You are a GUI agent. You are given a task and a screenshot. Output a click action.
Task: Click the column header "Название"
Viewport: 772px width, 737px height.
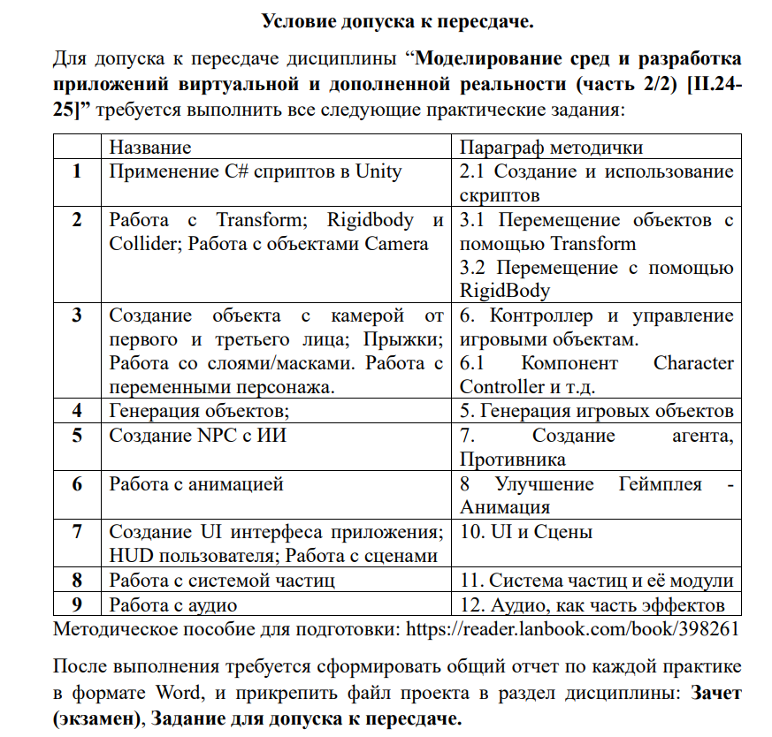point(149,147)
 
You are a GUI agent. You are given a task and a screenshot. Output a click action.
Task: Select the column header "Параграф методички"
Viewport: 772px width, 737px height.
point(551,147)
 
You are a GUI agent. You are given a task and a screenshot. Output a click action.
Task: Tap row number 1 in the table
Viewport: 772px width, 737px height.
point(79,171)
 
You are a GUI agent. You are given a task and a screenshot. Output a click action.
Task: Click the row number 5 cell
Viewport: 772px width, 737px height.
point(79,435)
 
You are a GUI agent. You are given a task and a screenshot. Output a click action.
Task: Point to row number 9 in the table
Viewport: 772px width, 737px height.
point(79,604)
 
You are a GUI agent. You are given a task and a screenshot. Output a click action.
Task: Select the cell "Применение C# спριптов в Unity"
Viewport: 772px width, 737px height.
point(255,171)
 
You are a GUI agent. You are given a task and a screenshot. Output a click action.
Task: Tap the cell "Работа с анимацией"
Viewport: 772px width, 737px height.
point(195,483)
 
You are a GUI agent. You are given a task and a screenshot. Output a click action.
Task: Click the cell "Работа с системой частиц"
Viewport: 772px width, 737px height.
point(222,581)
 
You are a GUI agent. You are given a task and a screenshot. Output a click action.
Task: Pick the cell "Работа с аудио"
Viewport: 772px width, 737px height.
point(172,604)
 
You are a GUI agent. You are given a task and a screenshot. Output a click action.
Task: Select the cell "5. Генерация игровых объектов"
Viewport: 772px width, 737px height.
point(596,410)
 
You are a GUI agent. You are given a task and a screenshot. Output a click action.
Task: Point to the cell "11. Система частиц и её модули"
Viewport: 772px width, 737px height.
point(596,581)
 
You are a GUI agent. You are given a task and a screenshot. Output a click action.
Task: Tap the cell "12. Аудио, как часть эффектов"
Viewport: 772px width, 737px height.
point(592,604)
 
